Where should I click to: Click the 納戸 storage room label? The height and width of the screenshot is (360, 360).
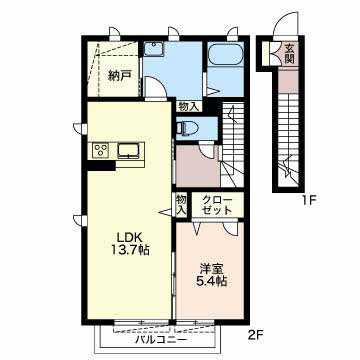pos(119,76)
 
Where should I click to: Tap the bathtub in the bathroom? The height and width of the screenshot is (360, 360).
pos(226,54)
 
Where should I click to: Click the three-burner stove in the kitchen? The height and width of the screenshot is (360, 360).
pos(100,150)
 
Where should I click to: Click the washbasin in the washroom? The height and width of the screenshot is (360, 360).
pos(154,49)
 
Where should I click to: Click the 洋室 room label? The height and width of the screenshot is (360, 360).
pos(212,269)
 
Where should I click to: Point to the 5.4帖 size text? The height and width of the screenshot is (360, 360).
pos(212,282)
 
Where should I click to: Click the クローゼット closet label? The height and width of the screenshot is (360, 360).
pos(217,205)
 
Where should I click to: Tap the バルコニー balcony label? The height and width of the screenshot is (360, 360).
pos(161,340)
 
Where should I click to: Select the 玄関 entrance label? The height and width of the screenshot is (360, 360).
pos(290,54)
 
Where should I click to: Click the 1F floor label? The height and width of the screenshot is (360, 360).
pos(309,201)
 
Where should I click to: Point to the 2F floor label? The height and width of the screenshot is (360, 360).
pos(256,333)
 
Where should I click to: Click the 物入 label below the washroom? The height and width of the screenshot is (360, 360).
pos(189,106)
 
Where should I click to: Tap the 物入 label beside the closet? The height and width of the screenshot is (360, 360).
pos(181,205)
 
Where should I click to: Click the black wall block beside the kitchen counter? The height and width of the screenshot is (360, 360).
pos(101,166)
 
